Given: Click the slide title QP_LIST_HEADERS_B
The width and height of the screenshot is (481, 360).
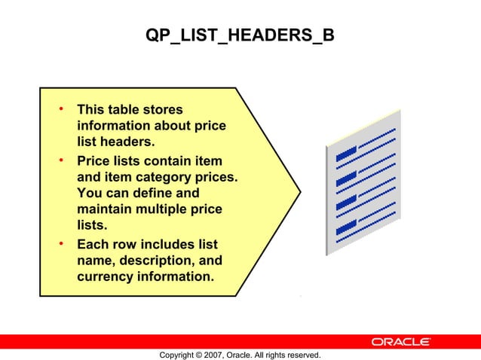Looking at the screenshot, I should click(240, 36).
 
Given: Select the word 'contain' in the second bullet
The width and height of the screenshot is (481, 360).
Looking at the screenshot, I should click(170, 161).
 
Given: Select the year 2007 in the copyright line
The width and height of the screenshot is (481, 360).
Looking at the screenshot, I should click(218, 355).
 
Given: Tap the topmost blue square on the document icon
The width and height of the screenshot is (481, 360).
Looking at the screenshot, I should click(347, 154).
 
